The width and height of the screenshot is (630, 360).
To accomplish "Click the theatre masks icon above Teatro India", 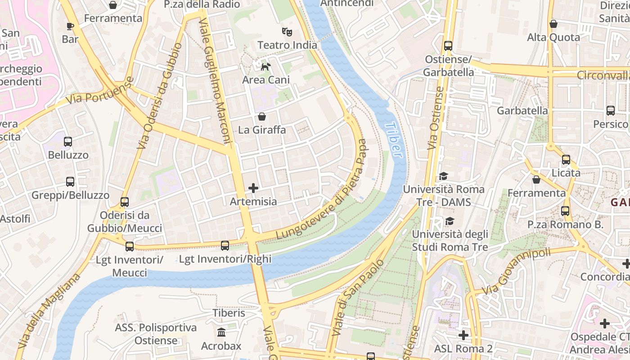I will pyautogui.click(x=287, y=31).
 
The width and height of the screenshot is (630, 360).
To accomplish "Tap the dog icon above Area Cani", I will pyautogui.click(x=266, y=67).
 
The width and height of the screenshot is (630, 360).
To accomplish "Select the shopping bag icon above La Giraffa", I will pyautogui.click(x=262, y=117).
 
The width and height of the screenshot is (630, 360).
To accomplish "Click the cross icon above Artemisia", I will pyautogui.click(x=253, y=188).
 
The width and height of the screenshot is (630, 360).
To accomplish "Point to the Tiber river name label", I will pyautogui.click(x=393, y=139).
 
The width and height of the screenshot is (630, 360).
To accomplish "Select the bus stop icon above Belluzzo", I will pyautogui.click(x=68, y=142).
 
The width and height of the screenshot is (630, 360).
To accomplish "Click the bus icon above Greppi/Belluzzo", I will pyautogui.click(x=70, y=182).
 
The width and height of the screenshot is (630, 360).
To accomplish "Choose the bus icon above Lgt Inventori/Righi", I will pyautogui.click(x=225, y=246).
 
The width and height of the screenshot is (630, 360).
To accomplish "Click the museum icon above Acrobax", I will pyautogui.click(x=221, y=333).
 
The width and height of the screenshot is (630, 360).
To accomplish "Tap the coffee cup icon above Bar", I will pyautogui.click(x=70, y=26).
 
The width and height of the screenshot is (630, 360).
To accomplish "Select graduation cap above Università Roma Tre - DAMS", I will pyautogui.click(x=444, y=176).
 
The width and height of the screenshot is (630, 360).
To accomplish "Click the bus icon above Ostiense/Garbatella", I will pyautogui.click(x=448, y=46).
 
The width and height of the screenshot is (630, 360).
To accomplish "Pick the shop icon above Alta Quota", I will pyautogui.click(x=553, y=24).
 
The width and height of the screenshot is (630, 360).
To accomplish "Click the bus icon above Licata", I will pyautogui.click(x=566, y=160).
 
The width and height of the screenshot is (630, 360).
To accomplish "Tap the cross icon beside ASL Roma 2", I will pyautogui.click(x=463, y=335).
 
